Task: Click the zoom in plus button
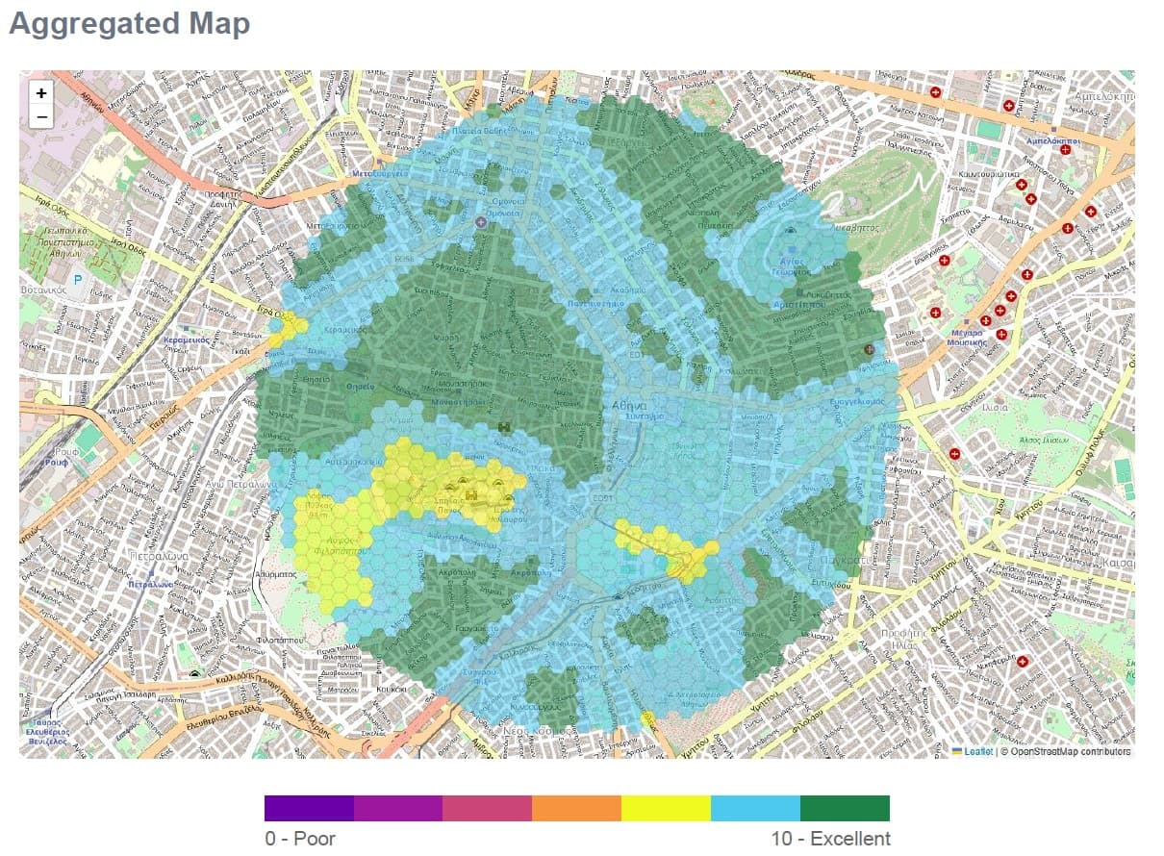[x=40, y=93]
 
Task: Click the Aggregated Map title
[x=129, y=24]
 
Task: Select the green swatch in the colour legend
[x=845, y=808]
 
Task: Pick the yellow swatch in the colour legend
[x=666, y=808]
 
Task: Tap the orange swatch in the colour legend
[x=576, y=808]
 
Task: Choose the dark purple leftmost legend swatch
[x=309, y=808]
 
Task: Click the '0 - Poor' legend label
[x=300, y=839]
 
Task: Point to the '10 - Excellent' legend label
[x=830, y=839]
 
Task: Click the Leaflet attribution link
[x=977, y=751]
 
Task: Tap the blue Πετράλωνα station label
[x=151, y=584]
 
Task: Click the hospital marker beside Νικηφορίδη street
[x=1024, y=662]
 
